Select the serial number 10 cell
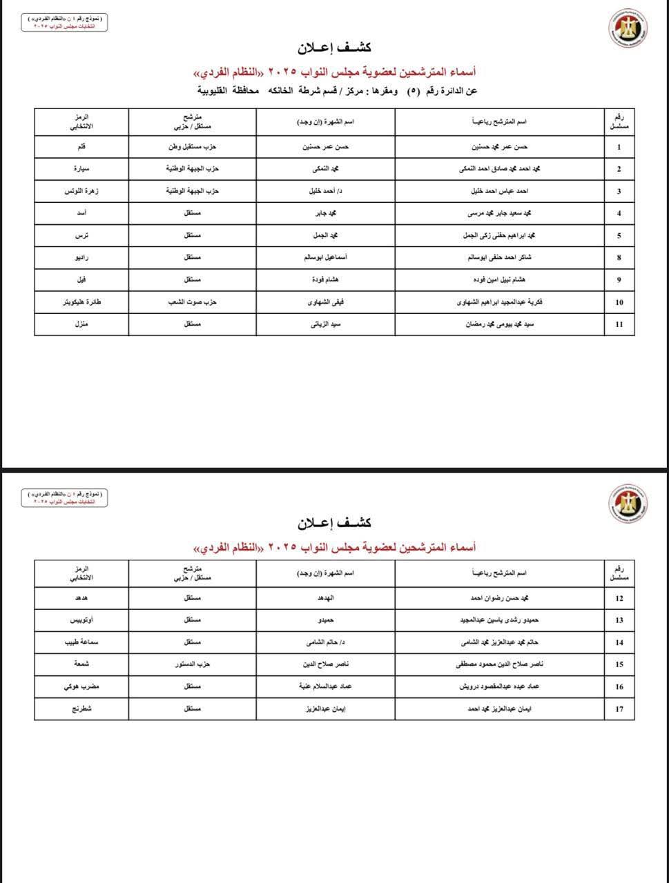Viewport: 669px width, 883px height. [x=619, y=302]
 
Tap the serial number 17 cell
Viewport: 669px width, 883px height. [x=619, y=709]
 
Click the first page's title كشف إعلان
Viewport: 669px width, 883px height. [x=335, y=48]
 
